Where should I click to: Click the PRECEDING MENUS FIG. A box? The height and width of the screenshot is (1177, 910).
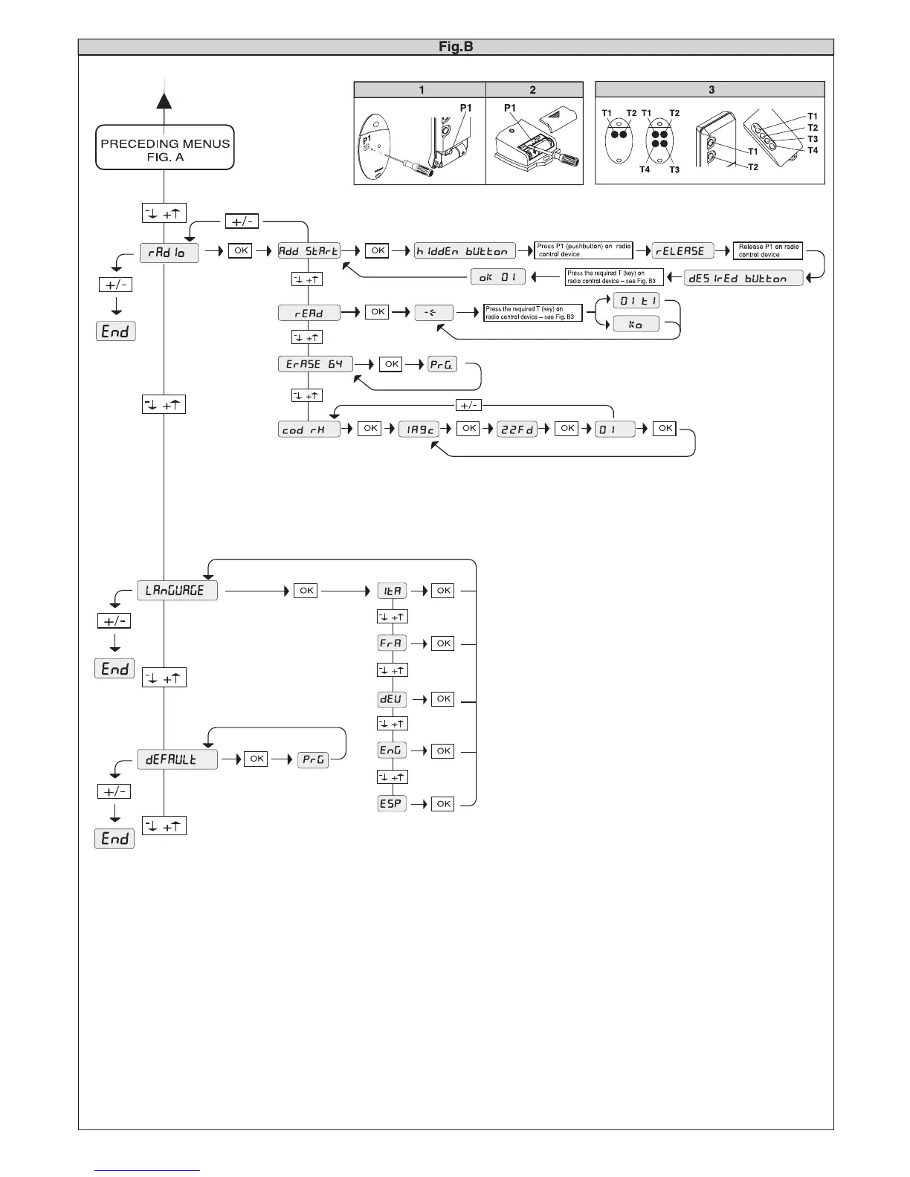tap(165, 149)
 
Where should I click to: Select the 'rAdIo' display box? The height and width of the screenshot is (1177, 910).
tap(169, 253)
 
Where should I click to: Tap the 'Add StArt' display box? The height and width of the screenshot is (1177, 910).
tap(309, 251)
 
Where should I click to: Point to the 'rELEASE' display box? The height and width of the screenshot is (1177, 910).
tap(682, 251)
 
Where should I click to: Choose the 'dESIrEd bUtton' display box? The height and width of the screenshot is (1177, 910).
tap(743, 278)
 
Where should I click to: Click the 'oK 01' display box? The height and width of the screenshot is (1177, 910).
tap(498, 277)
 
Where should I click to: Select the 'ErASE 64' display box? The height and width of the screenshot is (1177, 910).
tap(315, 364)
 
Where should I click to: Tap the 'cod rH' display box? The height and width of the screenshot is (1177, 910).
tap(309, 429)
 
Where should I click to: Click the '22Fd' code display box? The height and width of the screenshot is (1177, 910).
tap(517, 429)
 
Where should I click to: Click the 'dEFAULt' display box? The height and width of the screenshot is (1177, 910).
tap(177, 759)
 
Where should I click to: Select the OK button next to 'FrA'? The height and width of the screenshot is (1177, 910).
tap(444, 643)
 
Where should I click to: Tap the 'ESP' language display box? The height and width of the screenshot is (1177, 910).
tap(392, 804)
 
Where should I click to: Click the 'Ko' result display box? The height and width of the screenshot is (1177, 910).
tap(636, 324)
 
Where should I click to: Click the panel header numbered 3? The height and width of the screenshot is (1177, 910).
tap(710, 90)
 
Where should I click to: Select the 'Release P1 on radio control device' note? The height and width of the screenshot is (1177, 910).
tap(768, 250)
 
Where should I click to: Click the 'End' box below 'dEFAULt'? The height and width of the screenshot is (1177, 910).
tap(115, 839)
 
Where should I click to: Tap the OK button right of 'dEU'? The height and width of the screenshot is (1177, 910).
tap(444, 699)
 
